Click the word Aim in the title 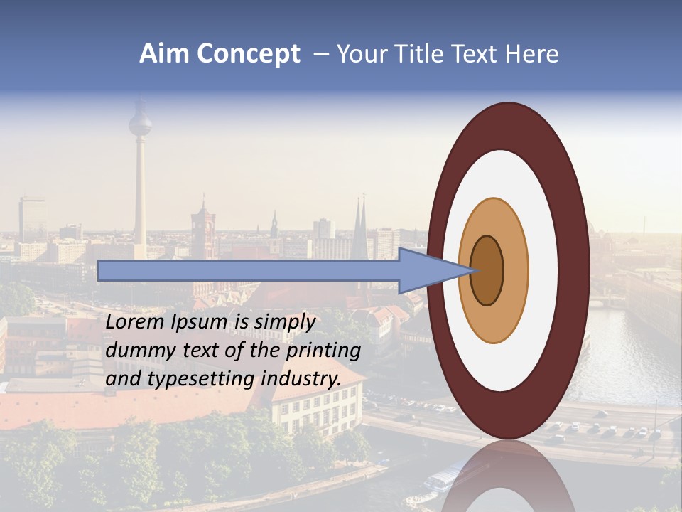pyautogui.click(x=163, y=54)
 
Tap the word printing pyautogui.click(x=325, y=351)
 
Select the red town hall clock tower pyautogui.click(x=202, y=228)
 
